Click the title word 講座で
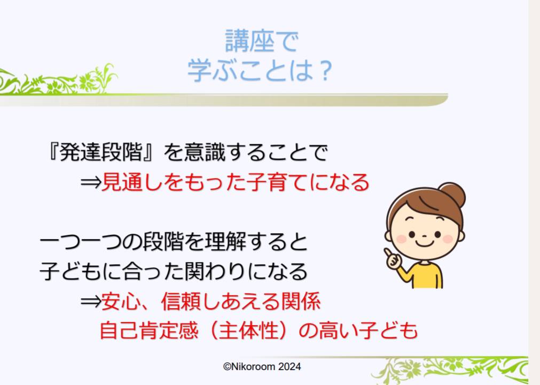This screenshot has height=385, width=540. tap(261, 41)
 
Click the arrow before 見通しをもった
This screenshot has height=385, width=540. tap(91, 182)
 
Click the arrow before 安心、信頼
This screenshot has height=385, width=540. tap(91, 302)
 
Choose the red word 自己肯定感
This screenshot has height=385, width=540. tap(149, 330)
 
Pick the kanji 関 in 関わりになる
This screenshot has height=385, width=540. tap(195, 271)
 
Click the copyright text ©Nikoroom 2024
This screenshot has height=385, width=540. tap(262, 366)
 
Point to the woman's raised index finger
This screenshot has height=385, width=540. tap(388, 252)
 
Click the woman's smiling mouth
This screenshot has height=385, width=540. tap(424, 243)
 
